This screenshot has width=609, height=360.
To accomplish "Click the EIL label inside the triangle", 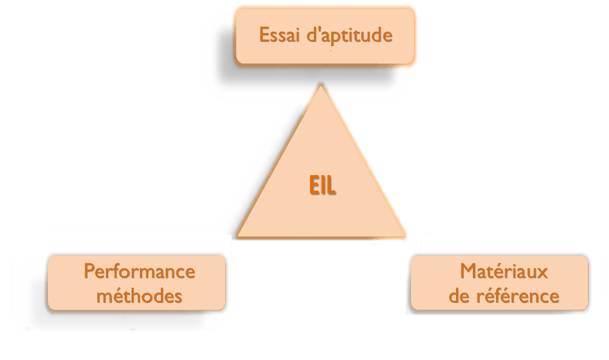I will tap(322, 185).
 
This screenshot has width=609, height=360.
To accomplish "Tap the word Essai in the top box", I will tap(278, 35).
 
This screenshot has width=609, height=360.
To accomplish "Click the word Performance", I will tap(139, 272).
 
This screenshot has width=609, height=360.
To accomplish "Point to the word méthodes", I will tap(139, 296).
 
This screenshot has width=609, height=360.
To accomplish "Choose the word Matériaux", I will tap(504, 272).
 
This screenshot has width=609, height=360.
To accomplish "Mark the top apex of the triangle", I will tap(322, 85).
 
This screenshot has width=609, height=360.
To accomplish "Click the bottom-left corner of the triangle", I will tap(237, 238).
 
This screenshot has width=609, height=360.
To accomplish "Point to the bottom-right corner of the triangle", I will tap(408, 238).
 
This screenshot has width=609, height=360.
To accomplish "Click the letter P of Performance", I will tap(89, 272).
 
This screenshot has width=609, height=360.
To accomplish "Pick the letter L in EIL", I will tap(332, 185).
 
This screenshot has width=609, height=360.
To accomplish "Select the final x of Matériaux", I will tap(544, 273).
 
